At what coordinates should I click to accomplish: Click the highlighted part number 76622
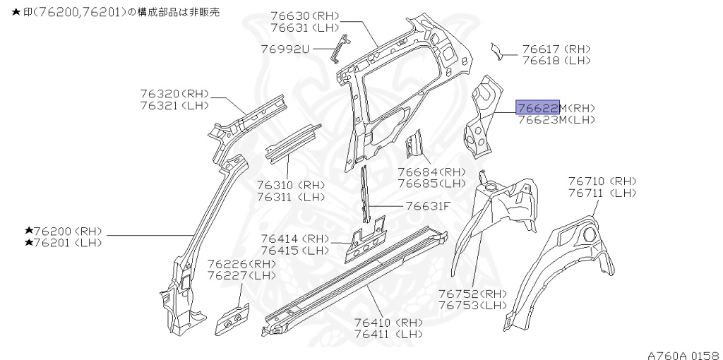538,107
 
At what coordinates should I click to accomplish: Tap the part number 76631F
428,206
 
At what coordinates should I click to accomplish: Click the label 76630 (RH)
305,16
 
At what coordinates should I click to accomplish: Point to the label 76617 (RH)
556,49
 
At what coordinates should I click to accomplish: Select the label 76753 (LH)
472,305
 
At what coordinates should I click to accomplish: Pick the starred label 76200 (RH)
64,231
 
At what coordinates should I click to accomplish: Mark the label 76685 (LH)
431,183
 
